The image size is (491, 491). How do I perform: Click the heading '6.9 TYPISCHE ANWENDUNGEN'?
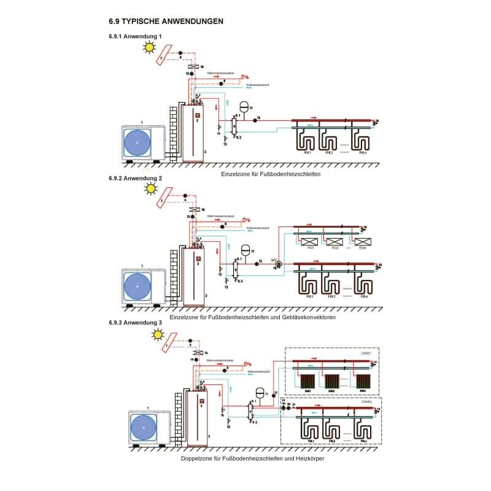point(166,21)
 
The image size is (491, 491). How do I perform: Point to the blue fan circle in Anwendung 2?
point(137,284)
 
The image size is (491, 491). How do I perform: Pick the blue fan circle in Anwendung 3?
point(145,424)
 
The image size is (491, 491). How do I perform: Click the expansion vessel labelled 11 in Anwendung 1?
point(244,106)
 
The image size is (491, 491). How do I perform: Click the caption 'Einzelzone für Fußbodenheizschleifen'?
point(271,174)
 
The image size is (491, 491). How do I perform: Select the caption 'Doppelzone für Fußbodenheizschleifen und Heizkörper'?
point(253,458)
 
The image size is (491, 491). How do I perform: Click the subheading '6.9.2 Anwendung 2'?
point(135,178)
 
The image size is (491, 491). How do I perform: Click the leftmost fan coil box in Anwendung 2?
point(311,241)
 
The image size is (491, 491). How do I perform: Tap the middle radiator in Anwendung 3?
point(332,381)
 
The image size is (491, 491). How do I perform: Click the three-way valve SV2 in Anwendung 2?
point(277,264)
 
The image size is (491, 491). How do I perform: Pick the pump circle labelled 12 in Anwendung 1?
point(254,118)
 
